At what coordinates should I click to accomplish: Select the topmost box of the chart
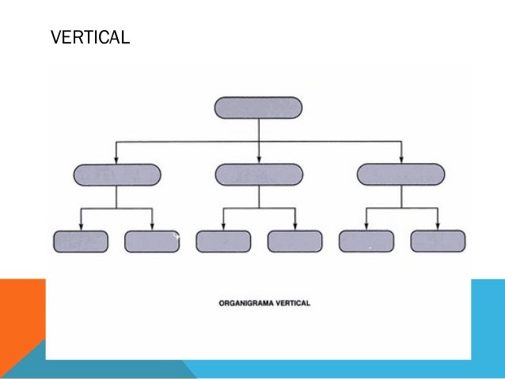258,108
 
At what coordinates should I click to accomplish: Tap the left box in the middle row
116,174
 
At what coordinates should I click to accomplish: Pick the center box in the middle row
259,174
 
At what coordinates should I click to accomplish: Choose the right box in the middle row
401,174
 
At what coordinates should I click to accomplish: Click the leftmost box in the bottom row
81,241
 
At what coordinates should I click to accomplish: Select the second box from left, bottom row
152,241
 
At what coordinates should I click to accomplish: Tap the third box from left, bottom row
223,241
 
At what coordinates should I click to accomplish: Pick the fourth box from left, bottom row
294,241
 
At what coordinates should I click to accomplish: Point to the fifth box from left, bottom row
366,241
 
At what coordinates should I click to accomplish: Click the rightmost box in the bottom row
437,241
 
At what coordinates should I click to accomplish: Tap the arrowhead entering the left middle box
116,159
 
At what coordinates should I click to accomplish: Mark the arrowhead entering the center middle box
259,159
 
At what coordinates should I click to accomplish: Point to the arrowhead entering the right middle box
401,159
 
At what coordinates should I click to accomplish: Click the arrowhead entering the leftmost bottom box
81,226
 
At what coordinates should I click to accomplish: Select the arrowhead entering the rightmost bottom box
437,226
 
